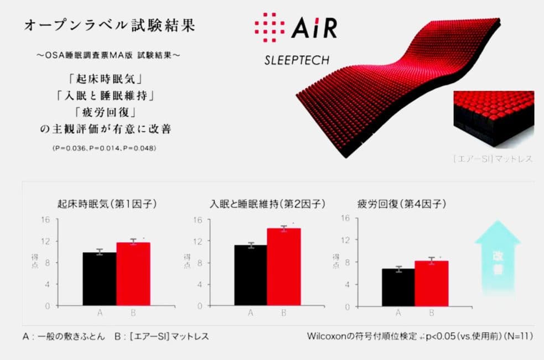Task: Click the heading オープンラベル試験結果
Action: pos(109,26)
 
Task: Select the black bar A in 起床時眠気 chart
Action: pos(99,279)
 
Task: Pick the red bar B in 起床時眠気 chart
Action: pos(133,274)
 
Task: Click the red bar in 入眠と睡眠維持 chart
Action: pos(284,267)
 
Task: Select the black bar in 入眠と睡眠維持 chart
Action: pos(250,275)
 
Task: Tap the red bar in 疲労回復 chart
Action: pos(431,283)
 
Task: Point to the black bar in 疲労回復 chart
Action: pos(398,287)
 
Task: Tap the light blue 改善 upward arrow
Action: pos(497,258)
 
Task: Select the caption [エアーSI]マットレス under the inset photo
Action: pos(493,159)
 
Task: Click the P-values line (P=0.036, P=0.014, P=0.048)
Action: pos(104,148)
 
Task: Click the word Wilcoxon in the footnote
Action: pos(327,336)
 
